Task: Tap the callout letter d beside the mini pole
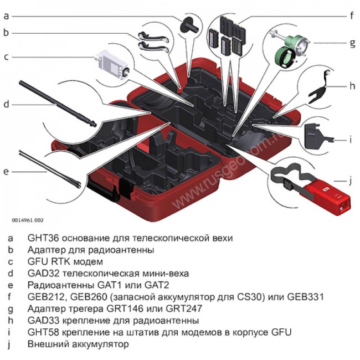click(7, 104)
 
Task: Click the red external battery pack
click(326, 195)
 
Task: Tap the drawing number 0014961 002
click(27, 220)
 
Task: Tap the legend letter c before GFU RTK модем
click(9, 261)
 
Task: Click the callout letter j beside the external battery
click(351, 180)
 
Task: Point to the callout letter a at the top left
click(7, 16)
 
